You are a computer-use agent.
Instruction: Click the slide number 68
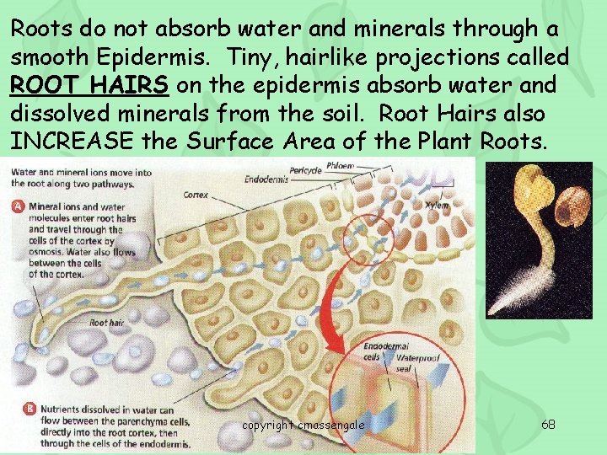tap(548, 424)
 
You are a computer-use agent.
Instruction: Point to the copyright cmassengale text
tap(303, 425)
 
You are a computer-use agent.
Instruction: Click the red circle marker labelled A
tap(19, 205)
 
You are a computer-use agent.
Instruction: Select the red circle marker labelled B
tap(19, 409)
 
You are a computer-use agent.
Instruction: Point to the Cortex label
tap(196, 195)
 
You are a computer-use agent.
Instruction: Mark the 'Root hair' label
tap(105, 322)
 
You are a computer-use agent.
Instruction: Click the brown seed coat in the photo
tap(567, 196)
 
